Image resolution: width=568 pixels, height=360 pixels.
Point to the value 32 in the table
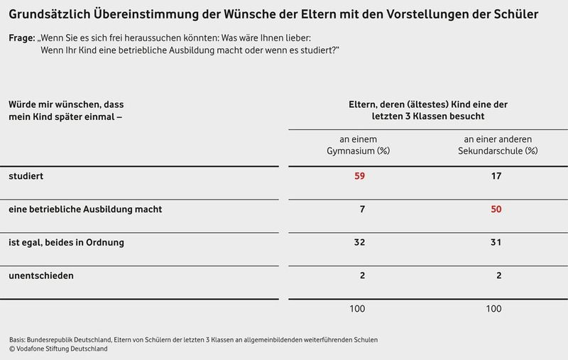pos(359,242)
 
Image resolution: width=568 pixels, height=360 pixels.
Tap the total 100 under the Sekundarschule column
pos(494,309)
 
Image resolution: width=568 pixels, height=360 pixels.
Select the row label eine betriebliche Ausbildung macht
pos(85,209)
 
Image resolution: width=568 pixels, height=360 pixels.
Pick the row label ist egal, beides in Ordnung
pos(66,242)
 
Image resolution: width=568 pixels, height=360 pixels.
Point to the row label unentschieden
pos(40,274)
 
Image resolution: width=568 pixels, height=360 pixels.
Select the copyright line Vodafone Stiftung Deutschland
pos(60,349)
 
